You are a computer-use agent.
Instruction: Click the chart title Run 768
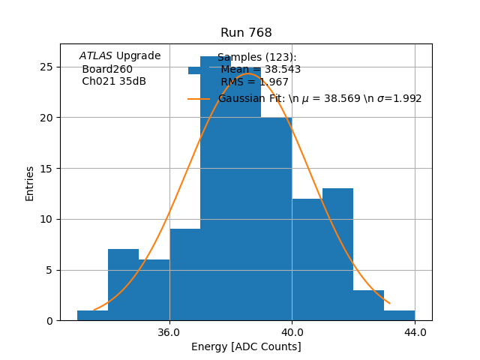pos(246,33)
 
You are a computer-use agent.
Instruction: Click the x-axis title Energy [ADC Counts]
pos(246,346)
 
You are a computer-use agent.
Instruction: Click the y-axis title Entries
pos(30,183)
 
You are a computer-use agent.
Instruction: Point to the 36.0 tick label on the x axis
pos(169,331)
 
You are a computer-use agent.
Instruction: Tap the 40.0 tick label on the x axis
pos(292,331)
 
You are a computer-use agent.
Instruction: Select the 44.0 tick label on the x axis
pos(415,331)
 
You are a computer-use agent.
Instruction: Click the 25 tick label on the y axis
pos(66,67)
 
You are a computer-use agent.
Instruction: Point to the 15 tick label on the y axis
pos(66,168)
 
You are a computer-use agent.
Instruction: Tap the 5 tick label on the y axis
pos(69,270)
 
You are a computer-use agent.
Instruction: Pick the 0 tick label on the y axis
pos(69,321)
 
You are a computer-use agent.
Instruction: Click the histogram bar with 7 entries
pos(123,285)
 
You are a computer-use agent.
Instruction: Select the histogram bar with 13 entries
pos(337,255)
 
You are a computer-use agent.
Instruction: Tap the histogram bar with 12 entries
pos(307,259)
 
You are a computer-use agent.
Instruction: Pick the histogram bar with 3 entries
pos(368,306)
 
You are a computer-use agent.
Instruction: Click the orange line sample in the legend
pos(199,99)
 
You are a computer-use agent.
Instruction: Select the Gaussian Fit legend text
pos(319,98)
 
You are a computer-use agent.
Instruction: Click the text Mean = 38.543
pos(260,70)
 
